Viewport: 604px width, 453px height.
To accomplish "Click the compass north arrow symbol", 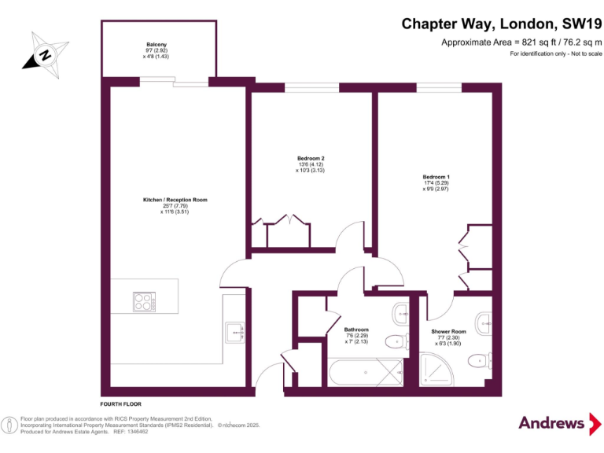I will pyautogui.click(x=44, y=54).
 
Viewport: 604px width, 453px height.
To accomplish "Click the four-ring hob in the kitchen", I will pyautogui.click(x=143, y=300).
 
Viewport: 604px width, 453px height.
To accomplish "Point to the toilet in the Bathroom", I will pyautogui.click(x=397, y=340).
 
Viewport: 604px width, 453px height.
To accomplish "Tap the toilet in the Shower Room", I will pyautogui.click(x=477, y=360).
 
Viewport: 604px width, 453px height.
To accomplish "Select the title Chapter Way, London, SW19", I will pyautogui.click(x=501, y=24).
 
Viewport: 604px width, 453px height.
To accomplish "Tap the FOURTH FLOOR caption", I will pyautogui.click(x=122, y=402).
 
